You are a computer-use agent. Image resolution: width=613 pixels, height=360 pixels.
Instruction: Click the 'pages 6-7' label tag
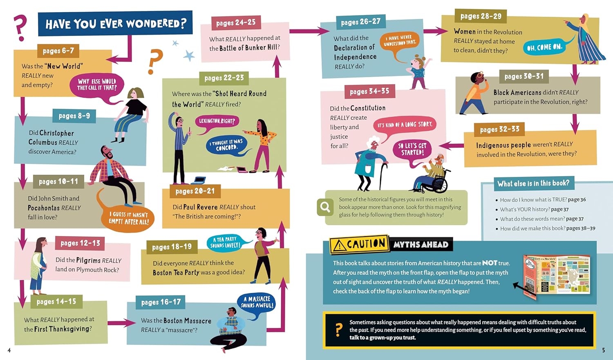58,51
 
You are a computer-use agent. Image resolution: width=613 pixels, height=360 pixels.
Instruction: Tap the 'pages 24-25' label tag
236,23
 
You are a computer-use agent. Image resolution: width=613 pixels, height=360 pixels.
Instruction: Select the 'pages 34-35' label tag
369,91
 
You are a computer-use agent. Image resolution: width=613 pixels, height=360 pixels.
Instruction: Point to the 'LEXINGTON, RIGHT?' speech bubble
217,121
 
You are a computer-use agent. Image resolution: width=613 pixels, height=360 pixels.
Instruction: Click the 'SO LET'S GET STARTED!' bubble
412,150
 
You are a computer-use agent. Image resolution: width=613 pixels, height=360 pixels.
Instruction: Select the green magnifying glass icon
325,207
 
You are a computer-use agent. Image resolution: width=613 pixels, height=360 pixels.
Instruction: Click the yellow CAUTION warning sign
359,244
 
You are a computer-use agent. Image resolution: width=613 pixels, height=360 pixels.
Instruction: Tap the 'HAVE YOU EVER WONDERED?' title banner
115,24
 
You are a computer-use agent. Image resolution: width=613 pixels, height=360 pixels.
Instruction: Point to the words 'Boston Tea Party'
176,273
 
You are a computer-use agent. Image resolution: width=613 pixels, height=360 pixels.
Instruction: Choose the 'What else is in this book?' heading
533,183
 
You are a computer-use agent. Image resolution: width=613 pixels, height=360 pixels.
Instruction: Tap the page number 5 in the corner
604,350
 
